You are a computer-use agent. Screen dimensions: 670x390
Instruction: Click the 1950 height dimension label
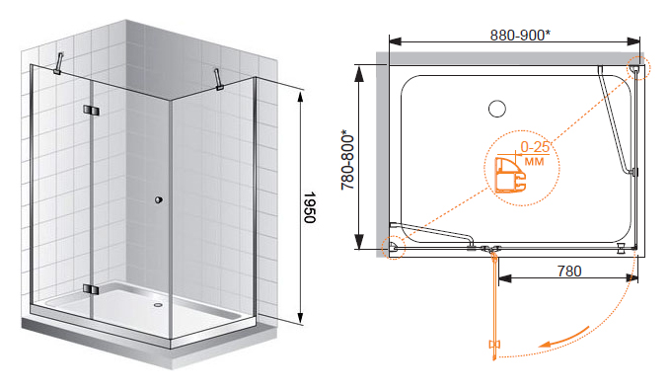pos(309,207)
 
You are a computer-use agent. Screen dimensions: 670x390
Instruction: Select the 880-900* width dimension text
pos(520,36)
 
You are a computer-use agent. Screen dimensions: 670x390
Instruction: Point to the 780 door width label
pos(569,272)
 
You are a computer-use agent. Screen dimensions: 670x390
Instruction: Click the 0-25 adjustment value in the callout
pos(535,147)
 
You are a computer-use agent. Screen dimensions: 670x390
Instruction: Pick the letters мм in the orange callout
pos(534,162)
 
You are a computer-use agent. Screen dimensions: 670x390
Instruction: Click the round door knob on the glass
pos(159,199)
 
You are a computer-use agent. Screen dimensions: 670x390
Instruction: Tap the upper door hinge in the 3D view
pos(91,111)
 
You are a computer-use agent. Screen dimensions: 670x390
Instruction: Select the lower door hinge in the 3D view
pos(91,289)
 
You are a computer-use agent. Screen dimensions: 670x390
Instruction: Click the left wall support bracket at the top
pos(59,63)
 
